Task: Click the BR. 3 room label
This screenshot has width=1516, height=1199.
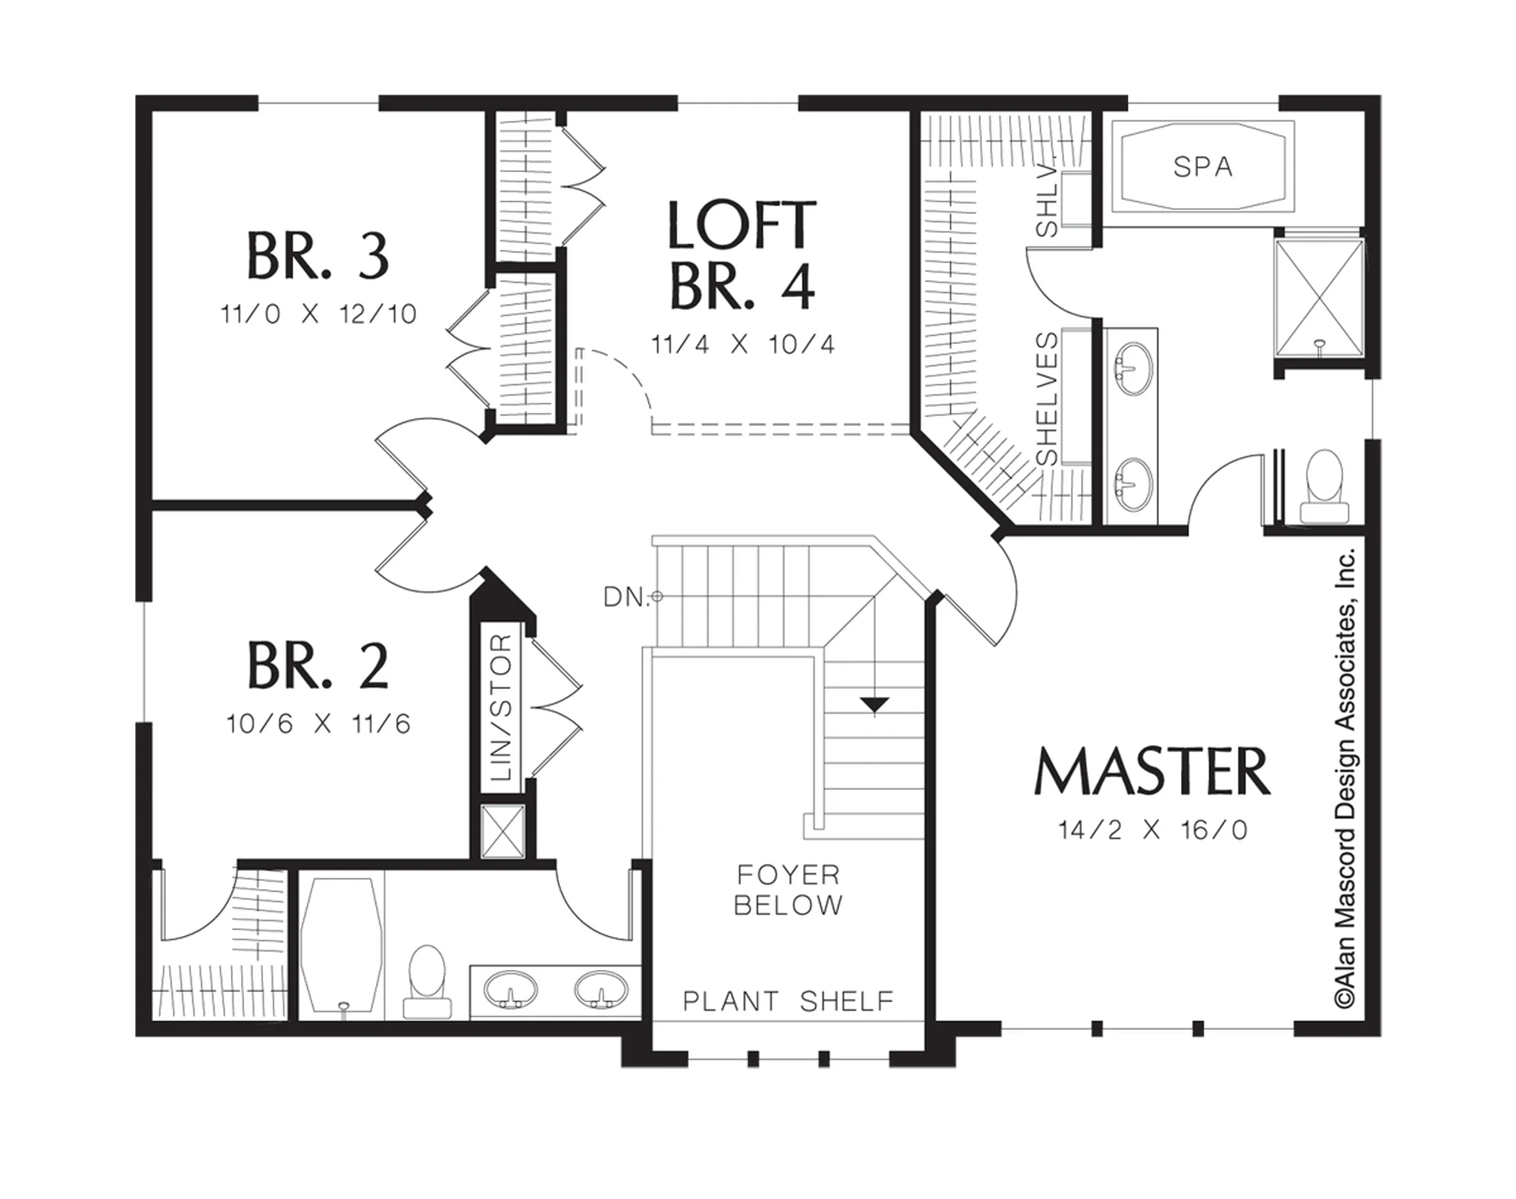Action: click(318, 256)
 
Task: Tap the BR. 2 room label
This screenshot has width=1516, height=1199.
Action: click(318, 665)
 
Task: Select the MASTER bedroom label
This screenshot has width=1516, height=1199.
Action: click(1152, 772)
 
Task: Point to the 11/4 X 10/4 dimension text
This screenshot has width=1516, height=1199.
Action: click(743, 345)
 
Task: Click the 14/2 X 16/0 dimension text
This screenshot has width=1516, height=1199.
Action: click(1152, 830)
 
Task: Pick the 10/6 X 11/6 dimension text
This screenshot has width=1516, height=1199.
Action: click(318, 724)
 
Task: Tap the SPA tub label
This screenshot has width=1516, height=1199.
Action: click(1203, 167)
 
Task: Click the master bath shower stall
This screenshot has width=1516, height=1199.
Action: click(1320, 297)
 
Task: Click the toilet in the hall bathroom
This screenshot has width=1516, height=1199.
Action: click(427, 981)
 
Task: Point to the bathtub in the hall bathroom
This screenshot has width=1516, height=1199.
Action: click(340, 945)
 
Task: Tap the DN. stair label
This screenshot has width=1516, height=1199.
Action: click(627, 597)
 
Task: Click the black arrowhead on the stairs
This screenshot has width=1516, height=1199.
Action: click(875, 706)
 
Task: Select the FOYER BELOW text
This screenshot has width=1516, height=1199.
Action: click(788, 890)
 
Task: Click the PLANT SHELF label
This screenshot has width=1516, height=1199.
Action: click(788, 1001)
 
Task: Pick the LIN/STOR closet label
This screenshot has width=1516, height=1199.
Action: click(502, 708)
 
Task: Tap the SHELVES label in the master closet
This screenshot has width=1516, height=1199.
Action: click(1047, 399)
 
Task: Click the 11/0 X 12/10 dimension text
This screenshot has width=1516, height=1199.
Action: click(318, 314)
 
